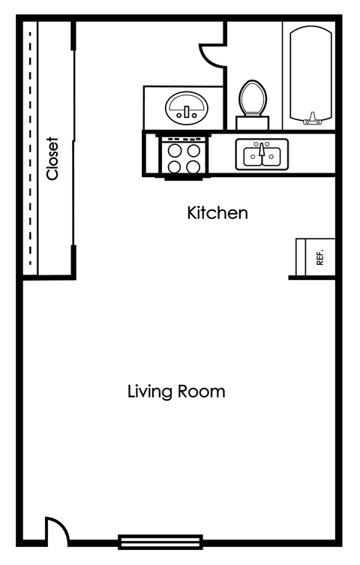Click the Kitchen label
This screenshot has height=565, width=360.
(217, 213)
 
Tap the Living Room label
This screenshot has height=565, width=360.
(176, 392)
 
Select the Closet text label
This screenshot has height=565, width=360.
(52, 158)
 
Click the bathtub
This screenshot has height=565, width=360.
(310, 75)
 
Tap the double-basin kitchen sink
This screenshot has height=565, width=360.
(261, 155)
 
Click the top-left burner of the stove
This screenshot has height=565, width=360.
(174, 149)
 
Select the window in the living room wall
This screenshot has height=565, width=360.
(160, 541)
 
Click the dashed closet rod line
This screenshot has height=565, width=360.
(30, 150)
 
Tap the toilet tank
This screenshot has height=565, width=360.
(253, 122)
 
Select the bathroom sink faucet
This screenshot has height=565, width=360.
(184, 115)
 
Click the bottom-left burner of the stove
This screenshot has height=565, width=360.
(174, 167)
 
